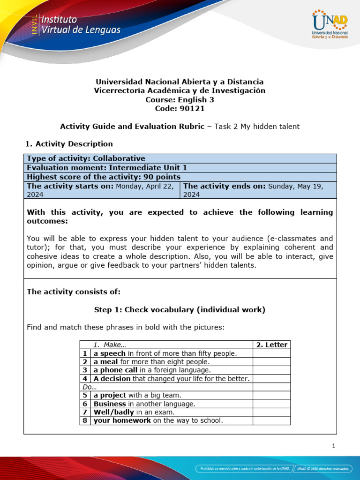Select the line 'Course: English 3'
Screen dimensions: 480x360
(x=180, y=99)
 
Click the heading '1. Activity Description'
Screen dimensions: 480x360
(x=70, y=143)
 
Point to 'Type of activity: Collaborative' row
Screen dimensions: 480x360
(x=86, y=158)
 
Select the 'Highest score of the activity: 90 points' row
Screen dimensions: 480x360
(x=104, y=177)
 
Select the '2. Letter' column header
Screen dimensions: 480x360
(x=271, y=345)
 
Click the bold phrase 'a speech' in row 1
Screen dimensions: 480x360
(x=109, y=353)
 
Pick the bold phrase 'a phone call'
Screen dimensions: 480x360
(x=115, y=370)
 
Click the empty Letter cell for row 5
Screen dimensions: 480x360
(x=271, y=395)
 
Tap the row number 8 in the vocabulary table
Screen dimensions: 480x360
(x=85, y=420)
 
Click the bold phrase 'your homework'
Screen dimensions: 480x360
(x=122, y=420)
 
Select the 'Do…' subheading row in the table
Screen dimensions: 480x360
(x=88, y=387)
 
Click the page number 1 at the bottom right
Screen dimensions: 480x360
(x=333, y=446)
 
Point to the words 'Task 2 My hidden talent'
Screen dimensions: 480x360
(x=257, y=126)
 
